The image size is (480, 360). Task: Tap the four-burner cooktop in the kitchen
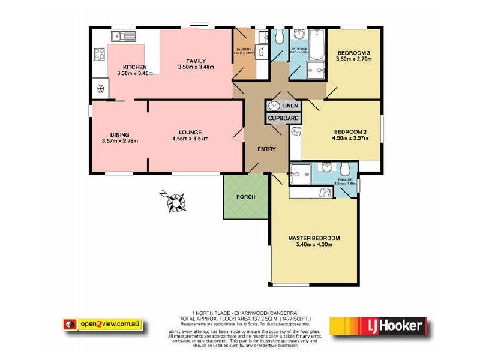click(99, 57)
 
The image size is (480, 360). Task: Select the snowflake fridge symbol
click(100, 90)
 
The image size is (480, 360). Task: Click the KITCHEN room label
click(134, 67)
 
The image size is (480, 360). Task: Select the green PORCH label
click(246, 197)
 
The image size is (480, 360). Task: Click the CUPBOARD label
click(283, 119)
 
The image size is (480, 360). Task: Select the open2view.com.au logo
click(103, 324)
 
